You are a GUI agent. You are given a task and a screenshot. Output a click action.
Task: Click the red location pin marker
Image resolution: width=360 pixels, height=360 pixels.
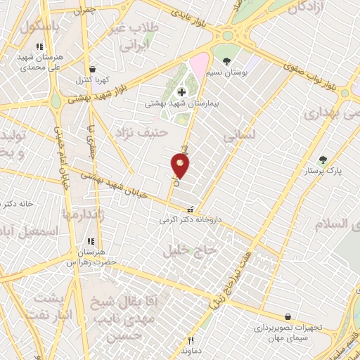179,166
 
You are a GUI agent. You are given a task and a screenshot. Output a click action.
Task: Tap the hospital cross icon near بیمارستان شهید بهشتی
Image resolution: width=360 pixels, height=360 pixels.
181,91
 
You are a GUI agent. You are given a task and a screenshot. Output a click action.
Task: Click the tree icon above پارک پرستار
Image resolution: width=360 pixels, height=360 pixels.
322,160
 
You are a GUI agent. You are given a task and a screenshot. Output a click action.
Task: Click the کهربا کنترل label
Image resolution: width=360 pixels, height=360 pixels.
89,79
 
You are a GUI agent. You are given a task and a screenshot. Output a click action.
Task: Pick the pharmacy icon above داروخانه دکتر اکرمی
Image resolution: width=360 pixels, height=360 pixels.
188,209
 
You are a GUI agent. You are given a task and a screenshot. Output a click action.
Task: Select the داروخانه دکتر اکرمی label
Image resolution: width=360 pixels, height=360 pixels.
189,219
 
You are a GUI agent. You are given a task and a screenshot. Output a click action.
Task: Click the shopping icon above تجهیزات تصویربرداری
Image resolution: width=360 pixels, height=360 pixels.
287,317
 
